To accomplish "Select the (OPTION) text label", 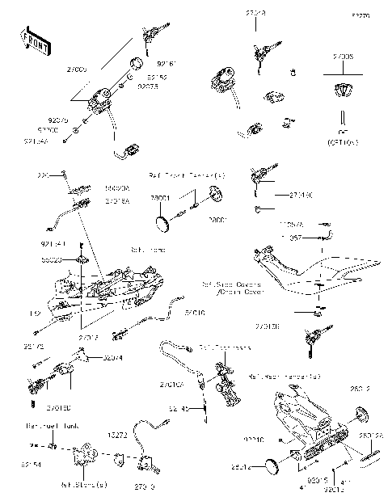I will (343, 141).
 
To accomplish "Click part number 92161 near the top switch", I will (167, 61).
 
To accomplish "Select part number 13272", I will (118, 434).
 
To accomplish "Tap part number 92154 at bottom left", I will (32, 465).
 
